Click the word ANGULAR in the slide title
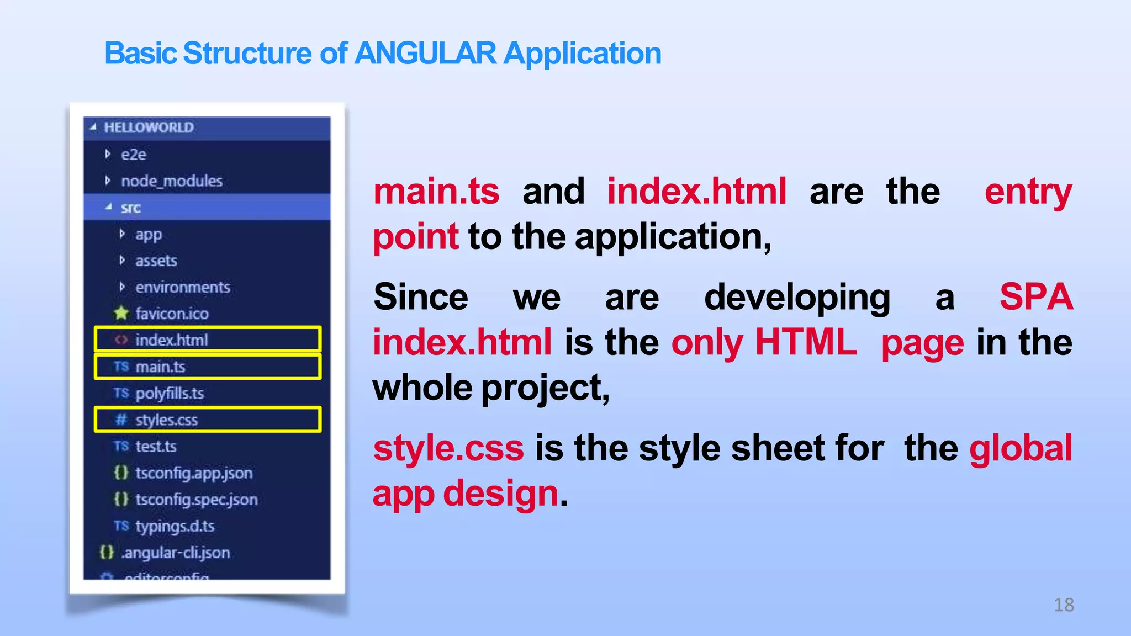(425, 54)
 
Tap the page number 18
(1064, 605)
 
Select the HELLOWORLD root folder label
(149, 128)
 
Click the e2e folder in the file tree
(133, 155)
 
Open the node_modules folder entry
(171, 181)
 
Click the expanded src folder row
(131, 208)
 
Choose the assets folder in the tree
(156, 261)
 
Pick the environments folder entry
(182, 287)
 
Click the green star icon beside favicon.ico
(121, 314)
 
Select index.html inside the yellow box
(171, 340)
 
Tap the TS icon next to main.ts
(121, 367)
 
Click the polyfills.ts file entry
(169, 393)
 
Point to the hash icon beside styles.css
(121, 420)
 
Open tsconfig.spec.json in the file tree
(196, 500)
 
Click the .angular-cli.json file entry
(175, 553)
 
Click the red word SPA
(1036, 297)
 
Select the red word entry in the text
(1028, 192)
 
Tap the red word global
(1021, 448)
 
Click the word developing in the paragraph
(797, 297)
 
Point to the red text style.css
(448, 448)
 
